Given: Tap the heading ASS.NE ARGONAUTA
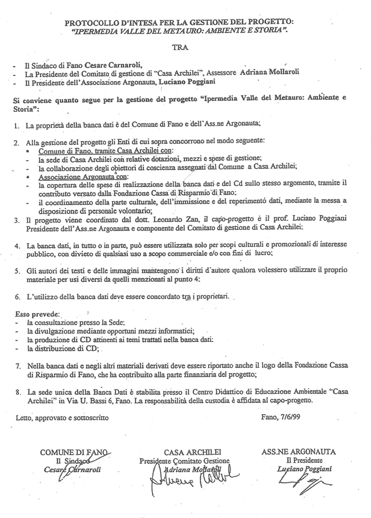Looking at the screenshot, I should click(x=299, y=452).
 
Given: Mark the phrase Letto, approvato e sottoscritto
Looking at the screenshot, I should click(x=62, y=418).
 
